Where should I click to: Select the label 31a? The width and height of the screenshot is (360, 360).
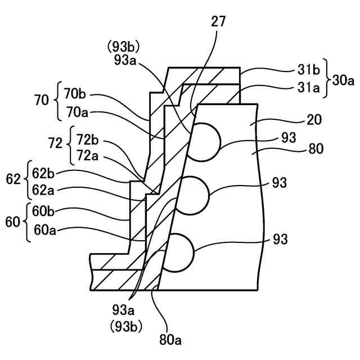pos(307,88)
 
